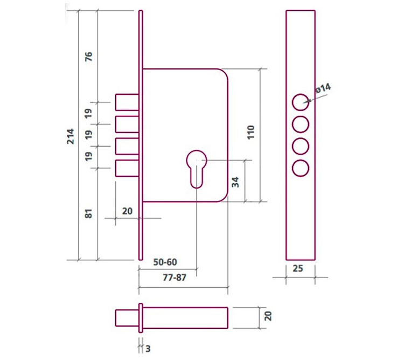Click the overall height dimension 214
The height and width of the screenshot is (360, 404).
pyautogui.click(x=71, y=136)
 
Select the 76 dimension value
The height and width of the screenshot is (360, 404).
pyautogui.click(x=89, y=56)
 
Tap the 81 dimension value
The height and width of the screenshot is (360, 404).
pyautogui.click(x=89, y=213)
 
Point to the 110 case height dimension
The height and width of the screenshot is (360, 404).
pyautogui.click(x=250, y=133)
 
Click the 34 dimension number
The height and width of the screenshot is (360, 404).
pyautogui.click(x=235, y=182)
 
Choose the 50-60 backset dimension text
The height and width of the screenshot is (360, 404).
pyautogui.click(x=165, y=262)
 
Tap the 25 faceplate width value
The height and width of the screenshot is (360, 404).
pyautogui.click(x=300, y=268)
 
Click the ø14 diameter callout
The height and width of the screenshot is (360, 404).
pyautogui.click(x=323, y=89)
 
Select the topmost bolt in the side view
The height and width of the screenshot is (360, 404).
pyautogui.click(x=127, y=102)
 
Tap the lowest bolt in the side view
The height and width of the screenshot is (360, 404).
pyautogui.click(x=127, y=168)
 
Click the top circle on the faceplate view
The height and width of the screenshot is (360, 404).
pyautogui.click(x=301, y=101)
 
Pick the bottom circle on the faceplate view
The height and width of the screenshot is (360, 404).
pyautogui.click(x=301, y=168)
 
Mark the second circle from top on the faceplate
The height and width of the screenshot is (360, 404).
pyautogui.click(x=301, y=124)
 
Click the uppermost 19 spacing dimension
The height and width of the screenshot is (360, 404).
pyautogui.click(x=89, y=113)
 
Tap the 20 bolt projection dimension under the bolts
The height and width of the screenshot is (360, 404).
pyautogui.click(x=127, y=211)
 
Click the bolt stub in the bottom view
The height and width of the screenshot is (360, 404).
pyautogui.click(x=127, y=317)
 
